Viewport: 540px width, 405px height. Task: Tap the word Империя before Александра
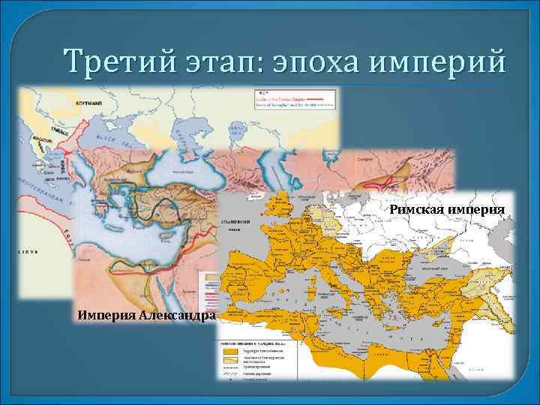click(x=105, y=314)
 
